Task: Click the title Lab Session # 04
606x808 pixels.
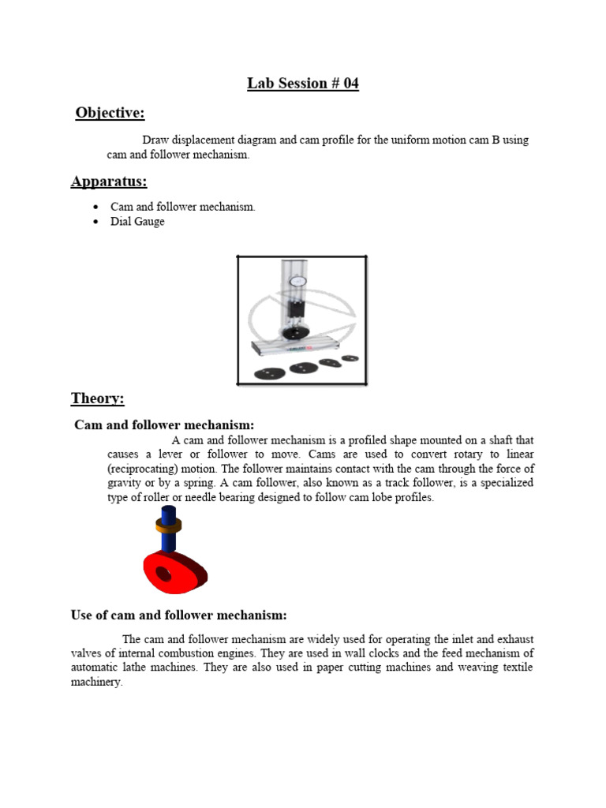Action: [x=303, y=84]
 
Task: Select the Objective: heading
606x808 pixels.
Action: [x=110, y=114]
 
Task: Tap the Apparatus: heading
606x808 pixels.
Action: [x=109, y=182]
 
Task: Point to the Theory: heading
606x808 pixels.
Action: [x=97, y=398]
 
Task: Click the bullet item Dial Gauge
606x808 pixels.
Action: [x=137, y=222]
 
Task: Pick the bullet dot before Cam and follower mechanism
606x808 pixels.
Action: [x=95, y=207]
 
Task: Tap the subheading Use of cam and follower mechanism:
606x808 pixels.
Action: [x=178, y=615]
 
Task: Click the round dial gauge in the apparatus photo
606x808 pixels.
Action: [x=298, y=281]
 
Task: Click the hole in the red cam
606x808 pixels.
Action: [x=164, y=574]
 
